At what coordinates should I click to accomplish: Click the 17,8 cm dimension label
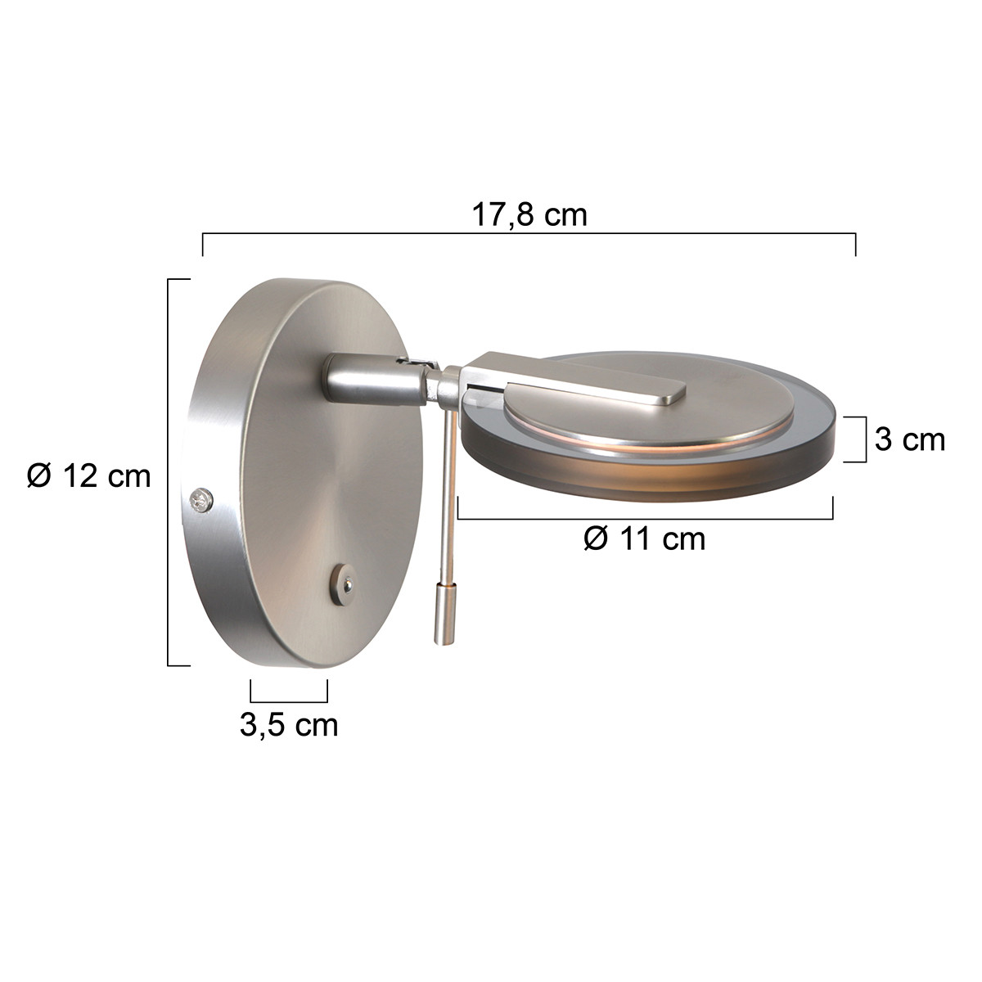(x=529, y=214)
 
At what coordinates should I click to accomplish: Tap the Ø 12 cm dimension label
(x=89, y=476)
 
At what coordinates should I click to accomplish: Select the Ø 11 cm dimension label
(x=644, y=538)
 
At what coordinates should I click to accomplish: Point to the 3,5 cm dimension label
(x=289, y=726)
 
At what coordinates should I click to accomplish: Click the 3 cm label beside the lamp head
(x=910, y=439)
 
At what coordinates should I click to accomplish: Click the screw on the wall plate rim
(x=200, y=499)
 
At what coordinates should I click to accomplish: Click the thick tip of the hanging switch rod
(x=443, y=615)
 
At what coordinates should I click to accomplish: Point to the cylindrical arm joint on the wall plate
(x=373, y=376)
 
